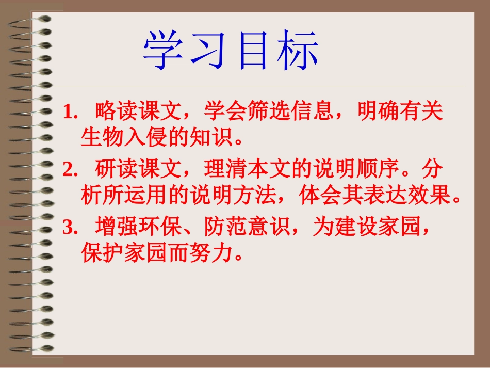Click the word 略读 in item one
click(113, 111)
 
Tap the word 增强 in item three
click(113, 227)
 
